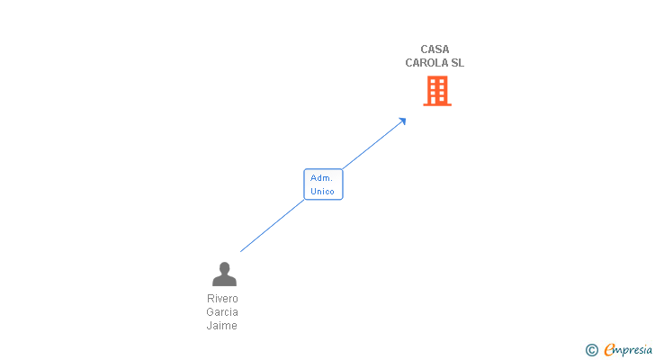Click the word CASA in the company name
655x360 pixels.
435,49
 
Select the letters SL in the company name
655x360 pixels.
456,63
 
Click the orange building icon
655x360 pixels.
436,90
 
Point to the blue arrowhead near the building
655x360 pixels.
402,121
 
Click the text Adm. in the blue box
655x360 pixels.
322,178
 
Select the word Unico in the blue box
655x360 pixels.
322,192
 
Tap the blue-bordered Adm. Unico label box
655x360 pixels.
323,184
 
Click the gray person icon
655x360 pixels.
224,274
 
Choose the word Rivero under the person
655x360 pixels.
222,299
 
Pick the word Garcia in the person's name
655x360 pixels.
222,312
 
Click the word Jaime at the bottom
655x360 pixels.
222,326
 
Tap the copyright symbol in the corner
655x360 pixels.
591,350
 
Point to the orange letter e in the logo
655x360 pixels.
609,350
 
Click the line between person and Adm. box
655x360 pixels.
272,225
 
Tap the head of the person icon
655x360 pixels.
224,267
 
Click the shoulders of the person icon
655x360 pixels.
224,281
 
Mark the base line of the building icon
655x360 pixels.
436,104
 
